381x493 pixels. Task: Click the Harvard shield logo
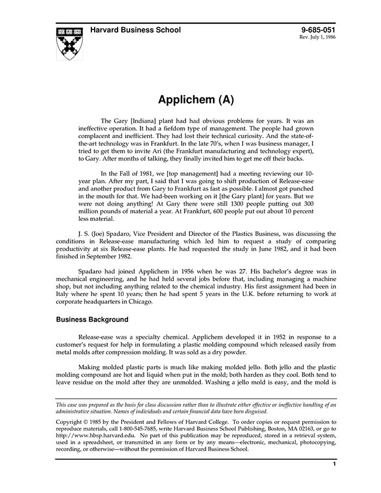[x=70, y=42]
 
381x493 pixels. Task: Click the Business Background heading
[x=92, y=319]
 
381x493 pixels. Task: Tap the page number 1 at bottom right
[x=334, y=464]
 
